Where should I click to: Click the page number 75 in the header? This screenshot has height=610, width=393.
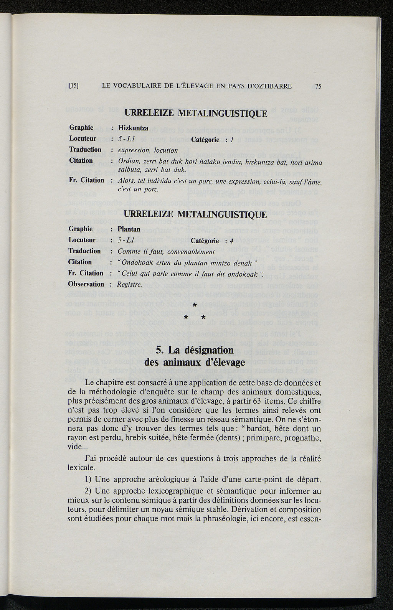point(318,87)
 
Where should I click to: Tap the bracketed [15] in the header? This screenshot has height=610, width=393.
point(74,86)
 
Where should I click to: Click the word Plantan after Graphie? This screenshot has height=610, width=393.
point(129,229)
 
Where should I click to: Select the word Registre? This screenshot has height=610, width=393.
point(130,285)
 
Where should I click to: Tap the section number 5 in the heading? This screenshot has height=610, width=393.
point(160,350)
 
